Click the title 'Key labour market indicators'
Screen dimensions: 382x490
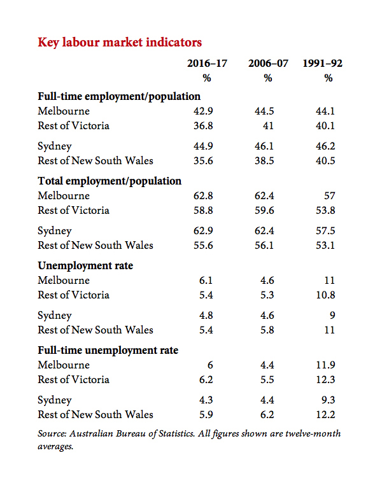[120, 43]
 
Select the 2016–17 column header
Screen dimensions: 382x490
[207, 64]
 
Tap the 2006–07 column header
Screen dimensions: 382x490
[268, 64]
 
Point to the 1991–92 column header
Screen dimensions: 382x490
[322, 64]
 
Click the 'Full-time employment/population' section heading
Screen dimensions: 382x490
[119, 96]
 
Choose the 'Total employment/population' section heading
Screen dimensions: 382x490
[110, 181]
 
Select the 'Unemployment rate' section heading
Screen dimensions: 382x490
[85, 265]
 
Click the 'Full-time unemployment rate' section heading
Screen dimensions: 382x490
[108, 350]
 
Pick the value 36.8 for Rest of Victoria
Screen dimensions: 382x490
[203, 125]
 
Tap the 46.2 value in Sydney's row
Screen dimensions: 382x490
[325, 146]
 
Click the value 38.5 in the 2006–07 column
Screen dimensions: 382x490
[264, 160]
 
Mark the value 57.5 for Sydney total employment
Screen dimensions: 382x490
[325, 230]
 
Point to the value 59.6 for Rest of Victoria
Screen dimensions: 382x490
[264, 210]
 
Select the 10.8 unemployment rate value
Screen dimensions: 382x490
[325, 295]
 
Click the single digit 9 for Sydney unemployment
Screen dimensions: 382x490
[332, 315]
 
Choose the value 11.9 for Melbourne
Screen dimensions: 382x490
[325, 365]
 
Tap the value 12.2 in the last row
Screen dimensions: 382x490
[325, 415]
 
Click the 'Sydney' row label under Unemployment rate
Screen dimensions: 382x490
[55, 316]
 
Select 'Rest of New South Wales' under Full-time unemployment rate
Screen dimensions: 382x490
[95, 415]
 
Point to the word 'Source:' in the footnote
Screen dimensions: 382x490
[52, 434]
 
